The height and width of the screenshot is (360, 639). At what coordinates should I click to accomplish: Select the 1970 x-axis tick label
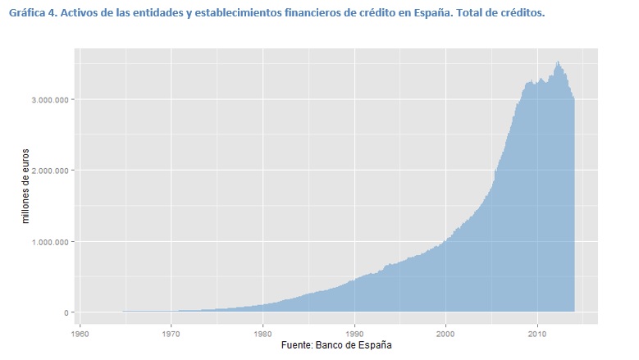pos(171,335)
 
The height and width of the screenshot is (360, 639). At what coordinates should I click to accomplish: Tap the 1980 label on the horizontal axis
pos(262,335)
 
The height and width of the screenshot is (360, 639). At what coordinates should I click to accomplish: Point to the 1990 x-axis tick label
pos(354,335)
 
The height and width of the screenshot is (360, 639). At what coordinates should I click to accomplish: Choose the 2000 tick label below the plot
pos(445,335)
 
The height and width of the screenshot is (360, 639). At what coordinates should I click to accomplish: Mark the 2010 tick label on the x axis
pos(537,335)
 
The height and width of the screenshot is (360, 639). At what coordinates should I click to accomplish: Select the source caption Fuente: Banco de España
pos(337,345)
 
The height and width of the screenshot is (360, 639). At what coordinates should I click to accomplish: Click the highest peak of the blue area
pos(558,62)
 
